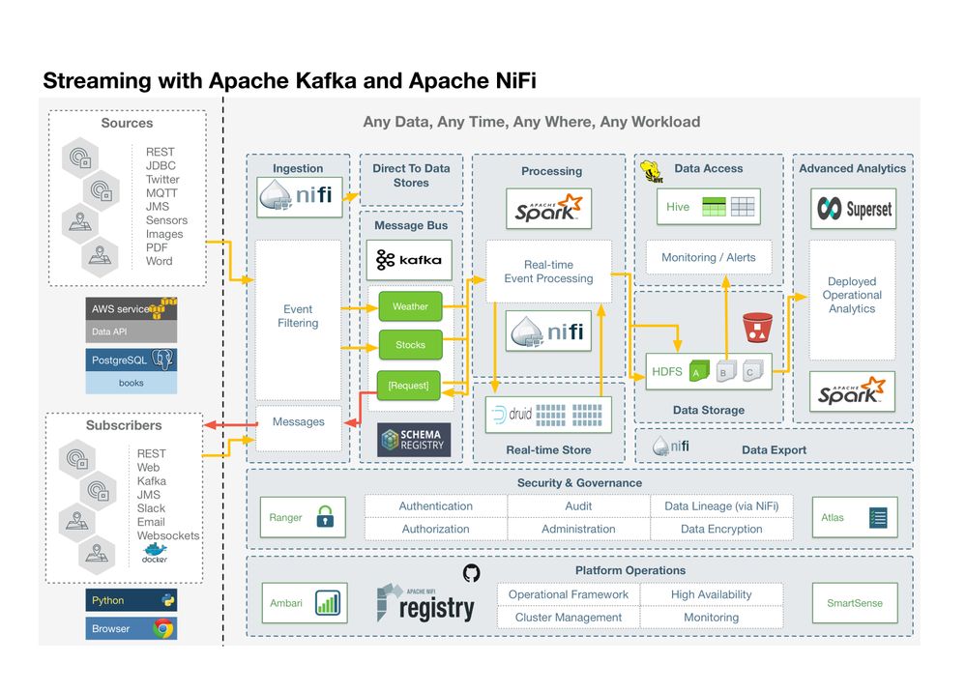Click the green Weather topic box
click(410, 306)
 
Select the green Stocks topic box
click(410, 344)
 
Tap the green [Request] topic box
click(409, 386)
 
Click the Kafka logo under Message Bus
click(409, 259)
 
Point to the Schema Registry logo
click(413, 440)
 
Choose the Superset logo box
click(853, 208)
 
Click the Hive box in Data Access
click(709, 206)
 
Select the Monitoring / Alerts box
click(709, 257)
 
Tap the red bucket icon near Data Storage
click(754, 328)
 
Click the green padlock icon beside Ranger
click(326, 518)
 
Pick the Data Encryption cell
click(721, 530)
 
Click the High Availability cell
click(711, 594)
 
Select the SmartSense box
click(854, 603)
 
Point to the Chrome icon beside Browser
click(162, 629)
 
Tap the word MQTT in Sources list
click(161, 192)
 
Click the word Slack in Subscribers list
click(151, 507)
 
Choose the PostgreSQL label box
click(131, 360)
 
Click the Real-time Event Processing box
click(548, 272)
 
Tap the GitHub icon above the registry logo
click(471, 573)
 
